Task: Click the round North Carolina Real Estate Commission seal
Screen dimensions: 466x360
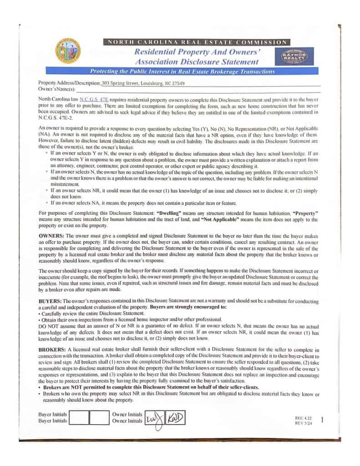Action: click(67, 52)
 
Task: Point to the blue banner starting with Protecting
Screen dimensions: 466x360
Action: click(182, 71)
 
